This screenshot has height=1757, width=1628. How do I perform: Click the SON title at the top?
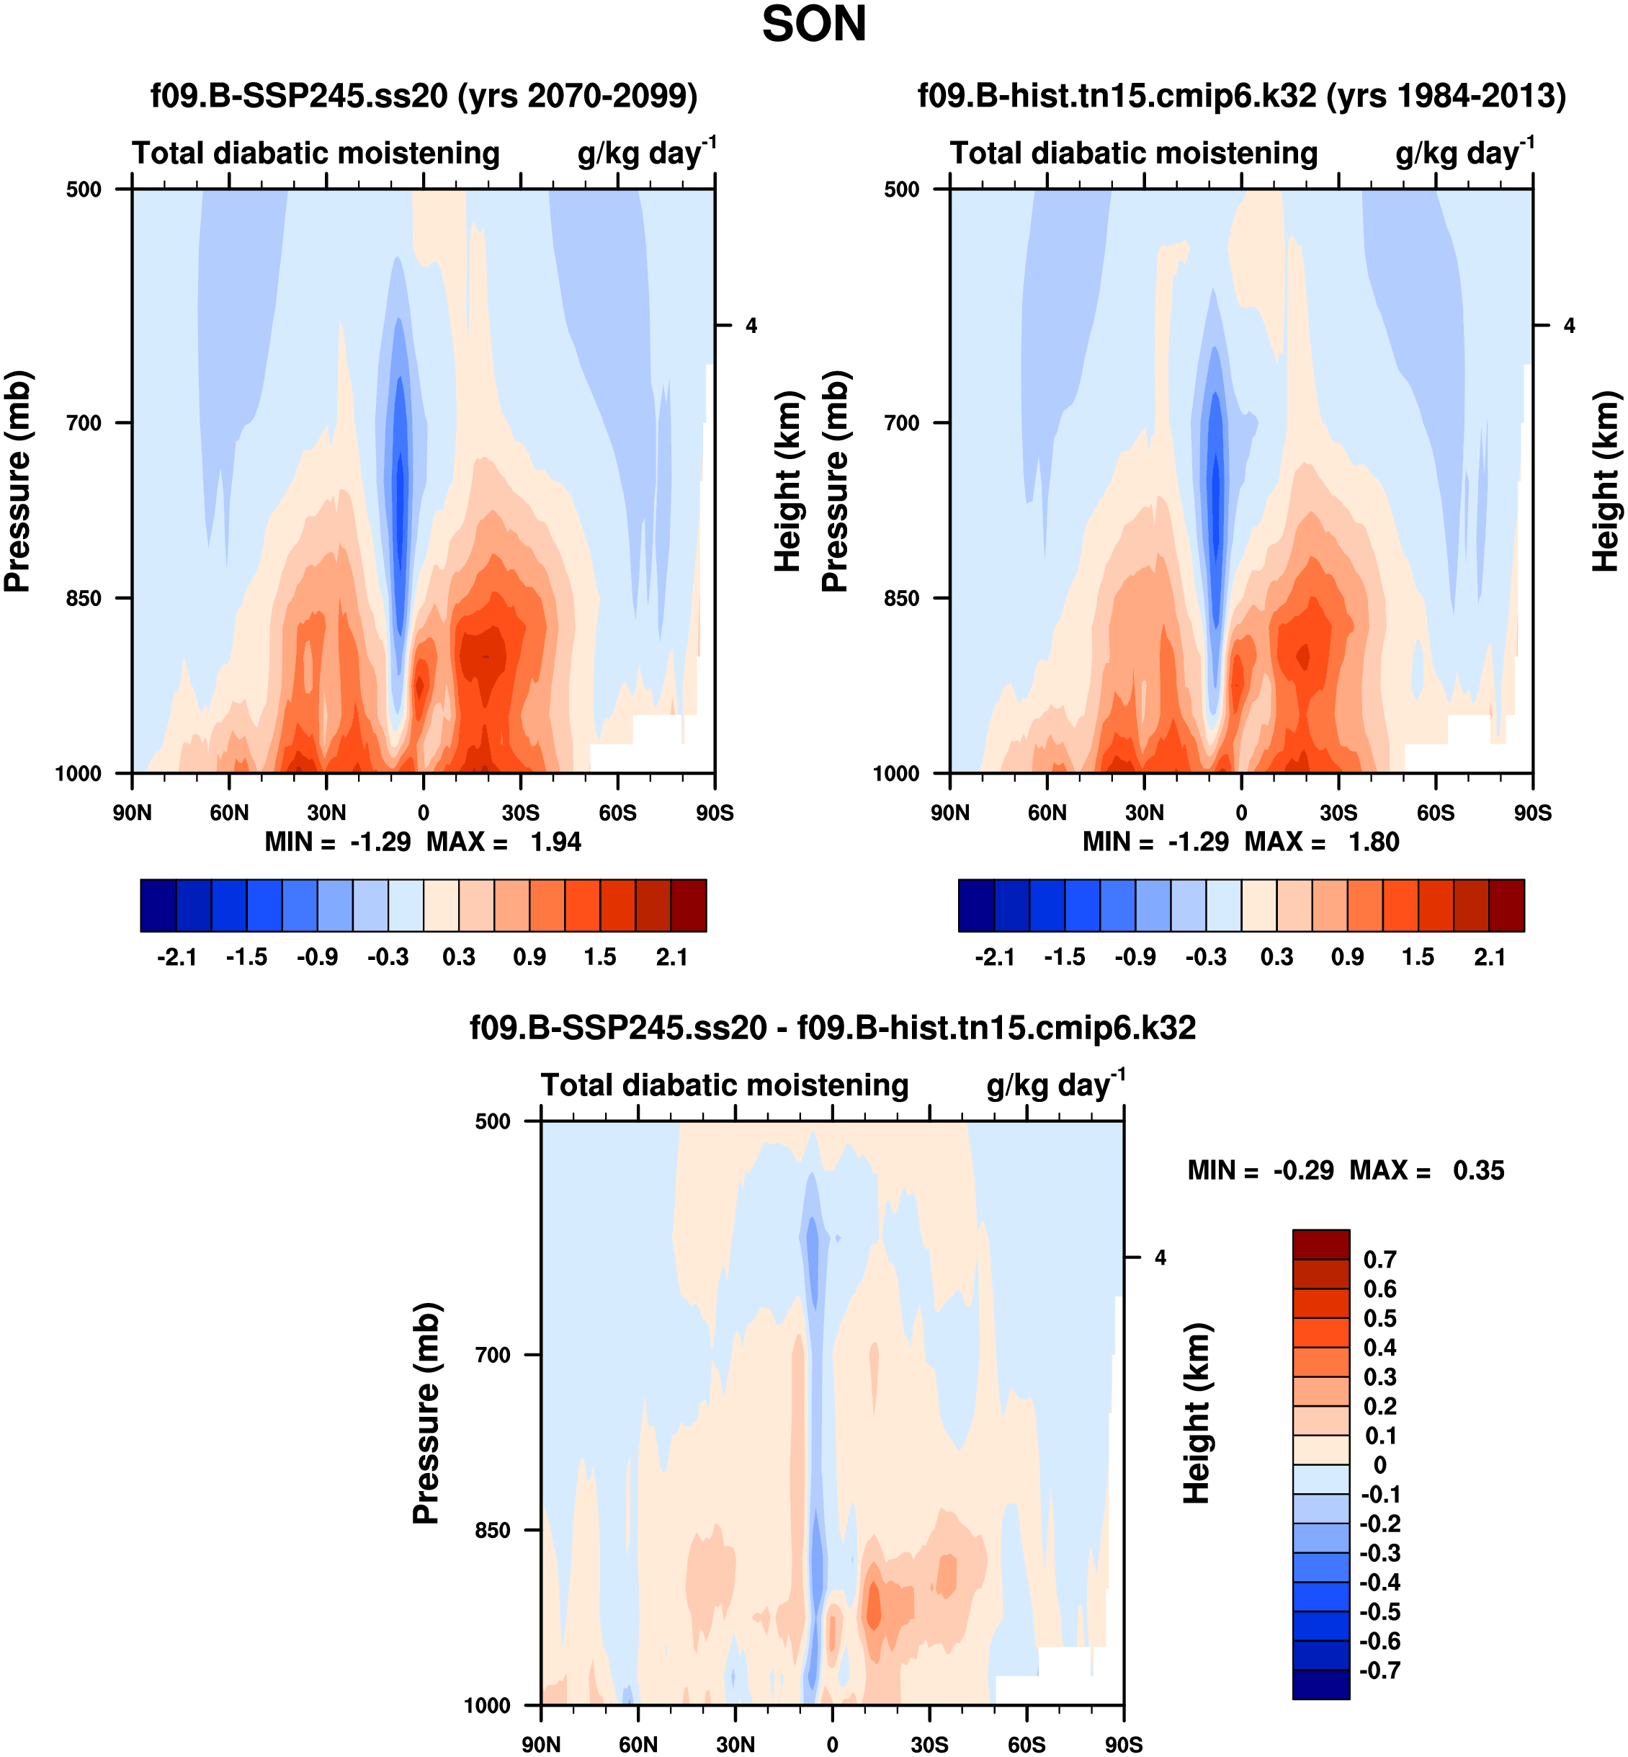click(814, 25)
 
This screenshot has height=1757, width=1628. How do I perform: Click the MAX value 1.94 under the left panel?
click(555, 842)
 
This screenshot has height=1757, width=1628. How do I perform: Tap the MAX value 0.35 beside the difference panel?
click(1478, 1170)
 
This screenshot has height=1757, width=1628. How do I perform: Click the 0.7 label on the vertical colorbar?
click(1379, 1259)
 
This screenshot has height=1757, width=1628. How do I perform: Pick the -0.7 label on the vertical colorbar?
click(1379, 1670)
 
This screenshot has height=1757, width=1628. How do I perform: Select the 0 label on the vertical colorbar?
click(1379, 1464)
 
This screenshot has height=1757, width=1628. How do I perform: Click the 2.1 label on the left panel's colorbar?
click(671, 957)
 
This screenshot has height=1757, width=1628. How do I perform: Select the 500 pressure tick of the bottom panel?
click(493, 1121)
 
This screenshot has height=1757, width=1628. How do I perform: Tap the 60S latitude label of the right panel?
click(1435, 812)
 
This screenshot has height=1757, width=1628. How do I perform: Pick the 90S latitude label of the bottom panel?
click(1123, 1745)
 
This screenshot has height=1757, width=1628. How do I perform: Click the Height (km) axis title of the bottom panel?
click(1197, 1413)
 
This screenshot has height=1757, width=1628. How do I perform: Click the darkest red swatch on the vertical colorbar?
click(1320, 1244)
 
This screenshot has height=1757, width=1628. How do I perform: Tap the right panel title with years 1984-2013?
click(1241, 95)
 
